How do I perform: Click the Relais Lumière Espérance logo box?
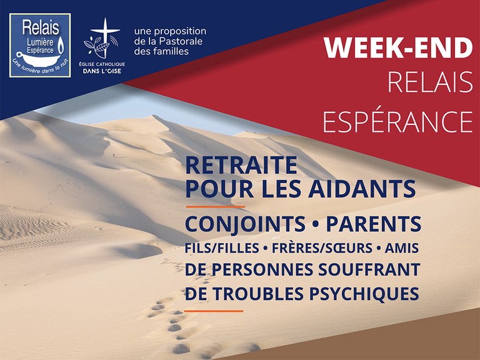[40, 45]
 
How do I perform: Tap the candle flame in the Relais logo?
[61, 45]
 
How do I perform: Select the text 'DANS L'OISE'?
[102, 71]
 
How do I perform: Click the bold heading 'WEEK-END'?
[398, 48]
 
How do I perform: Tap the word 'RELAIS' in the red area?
[431, 82]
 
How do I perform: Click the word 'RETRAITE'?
[241, 165]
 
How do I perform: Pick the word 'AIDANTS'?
[362, 189]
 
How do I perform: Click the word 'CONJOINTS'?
[245, 224]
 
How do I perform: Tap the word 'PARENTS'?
[374, 224]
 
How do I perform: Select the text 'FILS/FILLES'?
[222, 248]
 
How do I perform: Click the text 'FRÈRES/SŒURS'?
[322, 248]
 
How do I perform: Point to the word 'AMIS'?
[402, 248]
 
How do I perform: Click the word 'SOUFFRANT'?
[369, 270]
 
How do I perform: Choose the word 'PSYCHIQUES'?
[364, 293]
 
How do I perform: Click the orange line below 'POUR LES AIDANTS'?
[215, 207]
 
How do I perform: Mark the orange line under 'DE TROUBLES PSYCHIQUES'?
[214, 311]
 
